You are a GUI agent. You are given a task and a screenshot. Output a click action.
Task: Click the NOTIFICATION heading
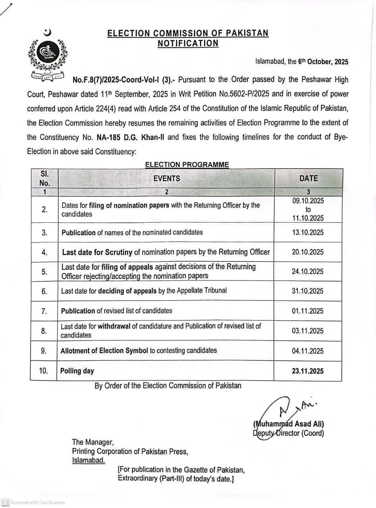(x=188, y=43)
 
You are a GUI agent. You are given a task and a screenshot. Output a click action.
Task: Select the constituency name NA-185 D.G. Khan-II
(x=131, y=137)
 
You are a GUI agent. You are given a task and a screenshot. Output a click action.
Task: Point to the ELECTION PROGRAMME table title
(x=187, y=164)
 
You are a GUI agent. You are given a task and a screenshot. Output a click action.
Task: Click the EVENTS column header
(x=166, y=179)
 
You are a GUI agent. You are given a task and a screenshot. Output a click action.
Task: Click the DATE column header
(x=308, y=179)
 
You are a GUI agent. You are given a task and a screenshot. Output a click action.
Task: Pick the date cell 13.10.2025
(x=308, y=233)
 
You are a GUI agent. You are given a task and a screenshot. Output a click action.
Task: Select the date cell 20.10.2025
(x=308, y=252)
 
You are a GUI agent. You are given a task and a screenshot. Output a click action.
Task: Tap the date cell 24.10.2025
(x=308, y=271)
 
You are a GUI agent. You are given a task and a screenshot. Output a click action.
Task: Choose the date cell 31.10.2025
(x=308, y=291)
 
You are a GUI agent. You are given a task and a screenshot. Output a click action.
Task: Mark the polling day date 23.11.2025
(x=308, y=371)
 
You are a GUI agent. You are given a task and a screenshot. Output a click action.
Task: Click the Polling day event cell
(x=77, y=371)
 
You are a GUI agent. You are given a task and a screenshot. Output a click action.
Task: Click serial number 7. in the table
(x=44, y=311)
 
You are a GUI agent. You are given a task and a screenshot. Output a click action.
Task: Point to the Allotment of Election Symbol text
(x=104, y=351)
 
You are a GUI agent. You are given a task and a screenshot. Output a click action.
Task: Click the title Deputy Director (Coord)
(x=288, y=433)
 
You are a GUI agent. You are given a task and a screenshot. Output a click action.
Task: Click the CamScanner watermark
(x=34, y=502)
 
